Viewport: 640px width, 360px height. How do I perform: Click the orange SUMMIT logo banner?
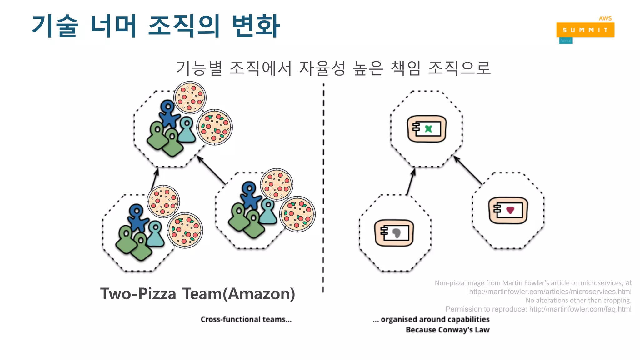(x=585, y=30)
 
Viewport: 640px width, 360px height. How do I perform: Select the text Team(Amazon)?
(x=239, y=294)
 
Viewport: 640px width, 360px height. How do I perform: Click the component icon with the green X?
(x=427, y=129)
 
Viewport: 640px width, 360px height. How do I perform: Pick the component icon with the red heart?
(x=508, y=210)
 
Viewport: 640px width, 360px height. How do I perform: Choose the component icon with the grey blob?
(x=394, y=233)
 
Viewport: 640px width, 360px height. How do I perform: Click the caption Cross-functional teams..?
(x=246, y=319)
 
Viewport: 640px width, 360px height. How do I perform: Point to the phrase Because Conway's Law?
(x=447, y=330)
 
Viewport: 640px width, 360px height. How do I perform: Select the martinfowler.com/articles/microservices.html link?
(x=550, y=292)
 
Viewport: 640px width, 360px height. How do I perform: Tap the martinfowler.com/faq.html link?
(x=580, y=309)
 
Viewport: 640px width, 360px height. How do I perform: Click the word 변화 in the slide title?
(x=256, y=26)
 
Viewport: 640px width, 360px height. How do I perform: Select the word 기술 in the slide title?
(x=55, y=26)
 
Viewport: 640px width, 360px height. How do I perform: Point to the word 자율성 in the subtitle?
(x=322, y=68)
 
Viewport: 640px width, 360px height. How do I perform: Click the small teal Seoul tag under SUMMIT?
(x=566, y=41)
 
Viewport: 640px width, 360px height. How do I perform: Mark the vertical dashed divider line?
(x=323, y=187)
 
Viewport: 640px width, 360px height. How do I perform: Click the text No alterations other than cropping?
(x=578, y=300)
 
